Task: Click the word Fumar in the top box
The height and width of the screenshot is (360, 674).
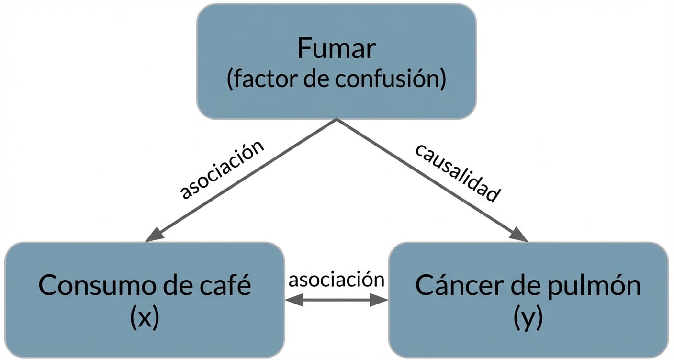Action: (x=337, y=48)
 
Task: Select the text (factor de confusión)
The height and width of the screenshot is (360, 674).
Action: (x=337, y=79)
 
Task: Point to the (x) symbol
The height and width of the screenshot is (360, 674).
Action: (x=144, y=318)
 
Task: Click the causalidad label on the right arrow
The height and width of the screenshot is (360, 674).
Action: (x=457, y=172)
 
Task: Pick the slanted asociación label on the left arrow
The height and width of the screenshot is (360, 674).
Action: (x=222, y=169)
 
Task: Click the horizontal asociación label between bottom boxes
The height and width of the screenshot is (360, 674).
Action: (x=337, y=279)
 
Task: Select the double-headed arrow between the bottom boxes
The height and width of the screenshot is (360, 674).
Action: (x=337, y=300)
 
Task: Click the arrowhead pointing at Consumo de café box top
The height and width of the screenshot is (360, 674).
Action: (x=155, y=235)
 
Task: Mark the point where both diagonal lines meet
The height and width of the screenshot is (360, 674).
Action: (x=337, y=120)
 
